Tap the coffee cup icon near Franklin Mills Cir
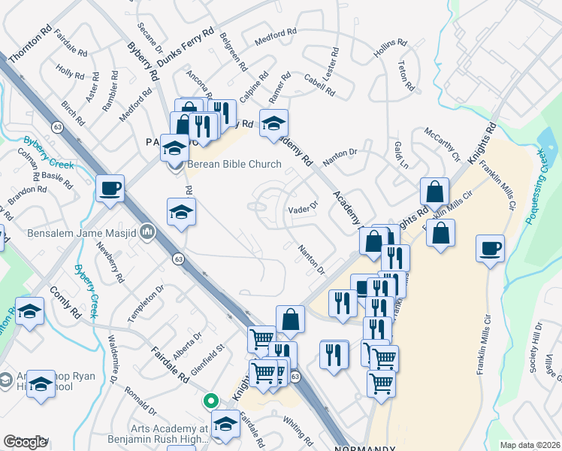pos(491,248)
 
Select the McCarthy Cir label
pos(442,143)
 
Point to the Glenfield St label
pos(208,354)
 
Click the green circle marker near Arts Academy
pos(212,401)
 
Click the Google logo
pos(26,442)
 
